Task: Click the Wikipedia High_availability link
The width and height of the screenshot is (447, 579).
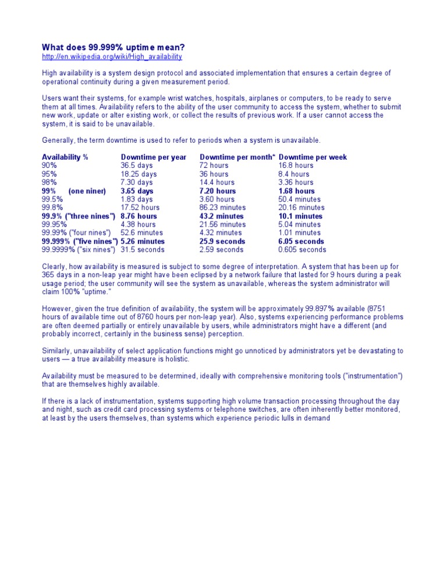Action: coord(112,57)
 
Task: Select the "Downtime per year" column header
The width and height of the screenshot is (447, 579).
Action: coord(153,157)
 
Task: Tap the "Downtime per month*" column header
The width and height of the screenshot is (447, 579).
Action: coord(237,157)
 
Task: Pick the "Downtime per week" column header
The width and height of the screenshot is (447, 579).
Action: coord(313,157)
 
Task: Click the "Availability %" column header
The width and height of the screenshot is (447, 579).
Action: coord(65,157)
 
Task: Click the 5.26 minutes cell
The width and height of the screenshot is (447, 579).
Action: coord(143,241)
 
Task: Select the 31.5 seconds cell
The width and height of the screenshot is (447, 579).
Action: coord(143,250)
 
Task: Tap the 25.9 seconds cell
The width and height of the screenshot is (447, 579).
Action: coord(222,241)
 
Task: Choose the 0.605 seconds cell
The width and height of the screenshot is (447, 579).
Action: coord(302,250)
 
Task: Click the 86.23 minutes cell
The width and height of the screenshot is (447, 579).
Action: coord(222,207)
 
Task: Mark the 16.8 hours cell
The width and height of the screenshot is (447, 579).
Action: coord(296,165)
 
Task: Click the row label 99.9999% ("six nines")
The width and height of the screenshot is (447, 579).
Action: coord(79,250)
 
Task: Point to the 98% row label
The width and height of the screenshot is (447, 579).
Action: coord(49,182)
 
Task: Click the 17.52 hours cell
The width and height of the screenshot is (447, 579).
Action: coord(140,207)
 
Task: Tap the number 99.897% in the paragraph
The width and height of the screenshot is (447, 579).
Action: coord(321,308)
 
